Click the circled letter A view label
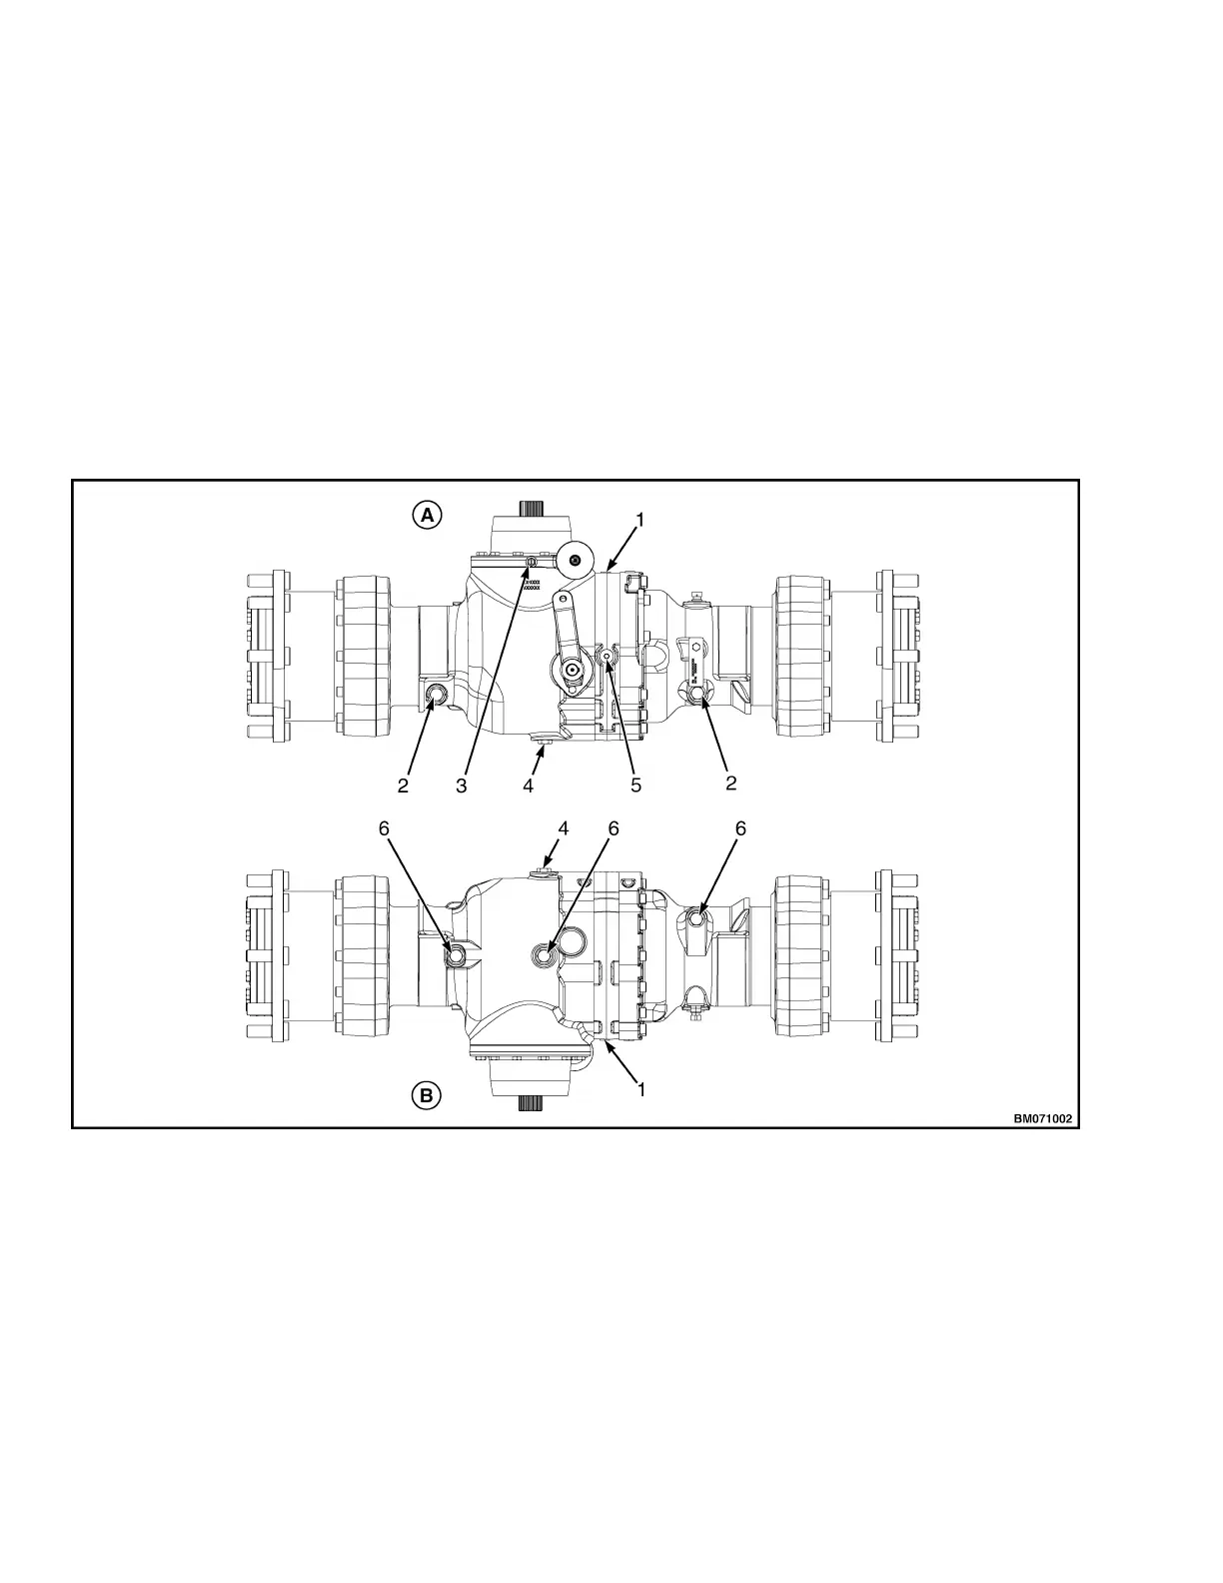(427, 515)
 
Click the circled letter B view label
(427, 1095)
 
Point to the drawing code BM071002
(1042, 1118)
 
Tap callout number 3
(462, 786)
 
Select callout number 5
(635, 786)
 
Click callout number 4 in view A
(529, 786)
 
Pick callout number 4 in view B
(564, 828)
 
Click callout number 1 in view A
(640, 520)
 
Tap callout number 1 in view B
(640, 1089)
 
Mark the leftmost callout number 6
(385, 828)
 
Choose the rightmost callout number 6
(740, 828)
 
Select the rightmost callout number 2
(731, 784)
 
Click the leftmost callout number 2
(403, 786)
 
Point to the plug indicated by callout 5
(607, 655)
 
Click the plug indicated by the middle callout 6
(546, 956)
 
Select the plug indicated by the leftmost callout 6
(456, 956)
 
